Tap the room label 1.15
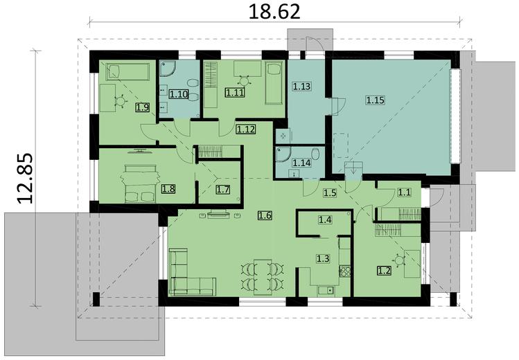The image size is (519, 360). click(x=374, y=100)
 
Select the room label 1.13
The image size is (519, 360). click(x=301, y=87)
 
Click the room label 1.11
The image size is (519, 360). click(x=234, y=90)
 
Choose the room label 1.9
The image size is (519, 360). click(x=142, y=107)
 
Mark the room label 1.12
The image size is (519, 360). click(x=245, y=129)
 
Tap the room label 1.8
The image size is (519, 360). click(x=168, y=188)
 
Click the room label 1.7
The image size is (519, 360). click(x=222, y=190)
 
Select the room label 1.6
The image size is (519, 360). click(x=264, y=215)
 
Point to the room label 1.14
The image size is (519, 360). click(x=301, y=163)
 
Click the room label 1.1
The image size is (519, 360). click(x=403, y=195)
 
